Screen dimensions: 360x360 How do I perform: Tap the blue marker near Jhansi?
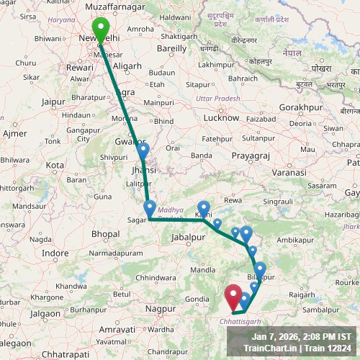point(143,151)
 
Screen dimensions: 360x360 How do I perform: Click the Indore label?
point(55,253)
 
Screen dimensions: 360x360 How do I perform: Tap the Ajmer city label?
point(15,134)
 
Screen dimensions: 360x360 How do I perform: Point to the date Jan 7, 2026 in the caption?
point(276,336)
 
